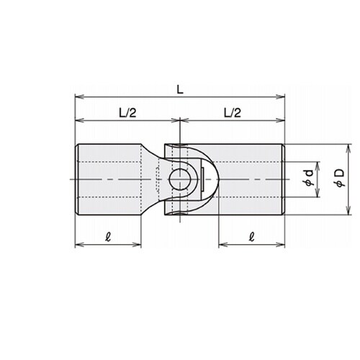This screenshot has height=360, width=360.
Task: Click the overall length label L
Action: [x=180, y=90]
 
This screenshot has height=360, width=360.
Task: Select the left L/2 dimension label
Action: [x=127, y=113]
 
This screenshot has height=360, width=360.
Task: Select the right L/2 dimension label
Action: [x=233, y=113]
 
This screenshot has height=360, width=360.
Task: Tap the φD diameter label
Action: [x=340, y=178]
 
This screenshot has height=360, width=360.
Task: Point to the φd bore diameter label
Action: [x=309, y=178]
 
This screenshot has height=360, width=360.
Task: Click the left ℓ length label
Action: [x=108, y=237]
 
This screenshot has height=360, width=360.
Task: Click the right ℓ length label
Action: [x=251, y=237]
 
